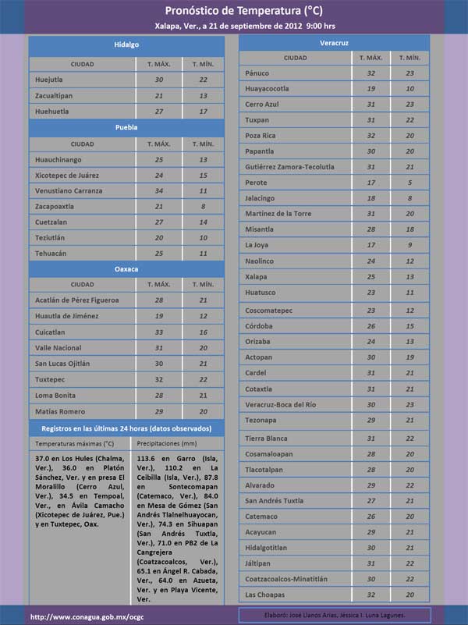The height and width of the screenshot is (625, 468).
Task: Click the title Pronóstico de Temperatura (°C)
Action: tap(243, 11)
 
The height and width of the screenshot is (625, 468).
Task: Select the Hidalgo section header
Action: tap(126, 45)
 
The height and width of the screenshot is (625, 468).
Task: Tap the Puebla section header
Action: tap(126, 126)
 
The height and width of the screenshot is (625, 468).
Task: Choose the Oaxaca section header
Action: tap(126, 269)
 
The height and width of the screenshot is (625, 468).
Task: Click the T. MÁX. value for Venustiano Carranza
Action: tap(159, 191)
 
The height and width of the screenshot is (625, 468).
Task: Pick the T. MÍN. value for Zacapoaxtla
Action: tap(203, 207)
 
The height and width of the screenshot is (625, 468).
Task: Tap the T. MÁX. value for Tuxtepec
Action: tap(159, 379)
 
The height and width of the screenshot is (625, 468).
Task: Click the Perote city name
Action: tap(257, 183)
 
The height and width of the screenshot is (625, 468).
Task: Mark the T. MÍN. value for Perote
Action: tap(409, 183)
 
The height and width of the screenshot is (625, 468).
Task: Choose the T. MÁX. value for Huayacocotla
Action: tap(370, 89)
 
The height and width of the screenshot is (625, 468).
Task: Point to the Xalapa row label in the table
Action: tap(257, 277)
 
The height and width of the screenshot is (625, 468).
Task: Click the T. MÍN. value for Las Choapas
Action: tap(409, 595)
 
